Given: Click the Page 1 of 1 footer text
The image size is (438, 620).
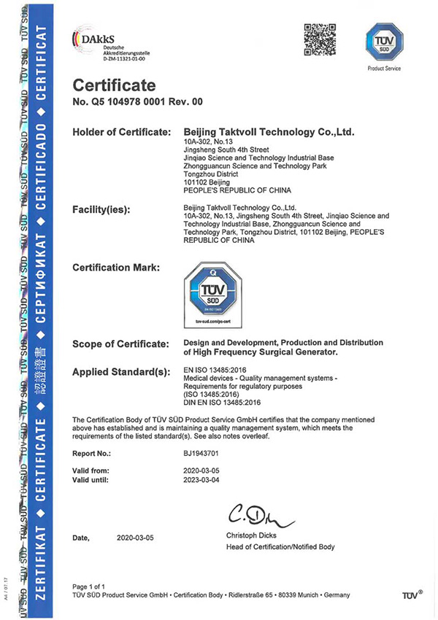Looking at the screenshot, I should [93, 586].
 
